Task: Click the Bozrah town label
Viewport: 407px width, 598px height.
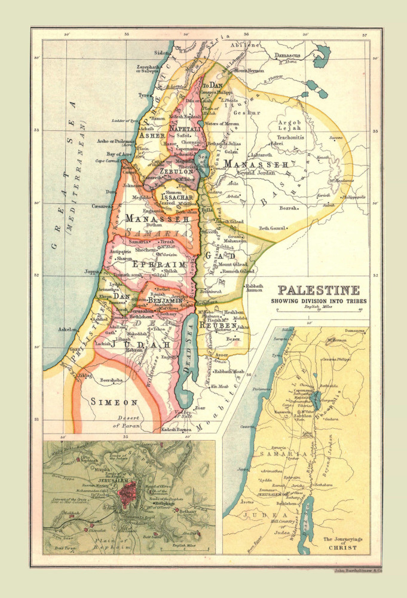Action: pyautogui.click(x=289, y=208)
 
